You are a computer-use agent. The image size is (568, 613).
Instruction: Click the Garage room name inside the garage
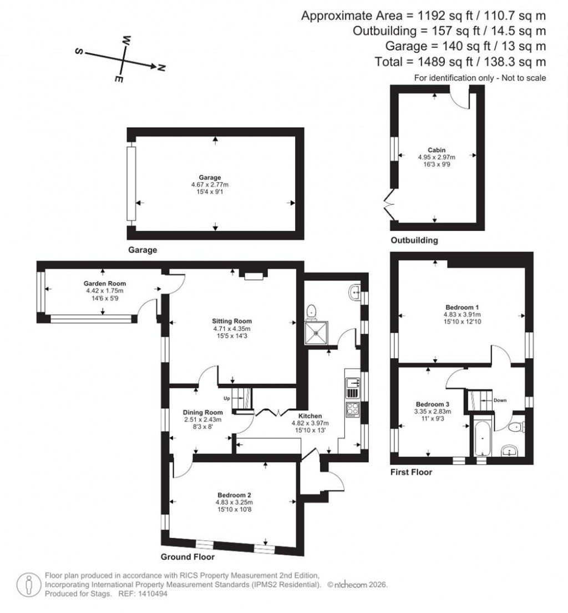216,178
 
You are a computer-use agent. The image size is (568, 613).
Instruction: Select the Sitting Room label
232,321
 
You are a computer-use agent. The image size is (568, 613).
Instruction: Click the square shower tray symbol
316,333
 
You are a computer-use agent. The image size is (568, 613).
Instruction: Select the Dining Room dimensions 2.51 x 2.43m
202,420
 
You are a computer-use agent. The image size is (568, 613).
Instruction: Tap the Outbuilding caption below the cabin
414,240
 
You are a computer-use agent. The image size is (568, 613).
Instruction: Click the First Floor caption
411,473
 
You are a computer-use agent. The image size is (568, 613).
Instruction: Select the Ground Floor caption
187,556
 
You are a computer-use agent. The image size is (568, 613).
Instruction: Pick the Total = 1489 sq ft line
460,62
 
